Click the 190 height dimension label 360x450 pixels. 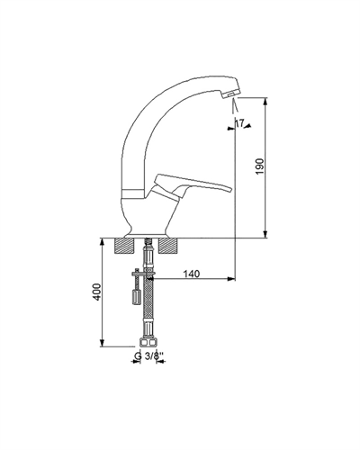click(260, 166)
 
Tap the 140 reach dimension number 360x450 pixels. click(191, 274)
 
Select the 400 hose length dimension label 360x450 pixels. click(97, 292)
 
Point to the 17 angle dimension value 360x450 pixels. click(239, 123)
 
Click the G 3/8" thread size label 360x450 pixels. click(148, 356)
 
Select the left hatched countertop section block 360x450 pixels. click(123, 247)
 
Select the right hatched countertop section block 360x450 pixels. click(168, 247)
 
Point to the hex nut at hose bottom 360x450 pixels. click(148, 343)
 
